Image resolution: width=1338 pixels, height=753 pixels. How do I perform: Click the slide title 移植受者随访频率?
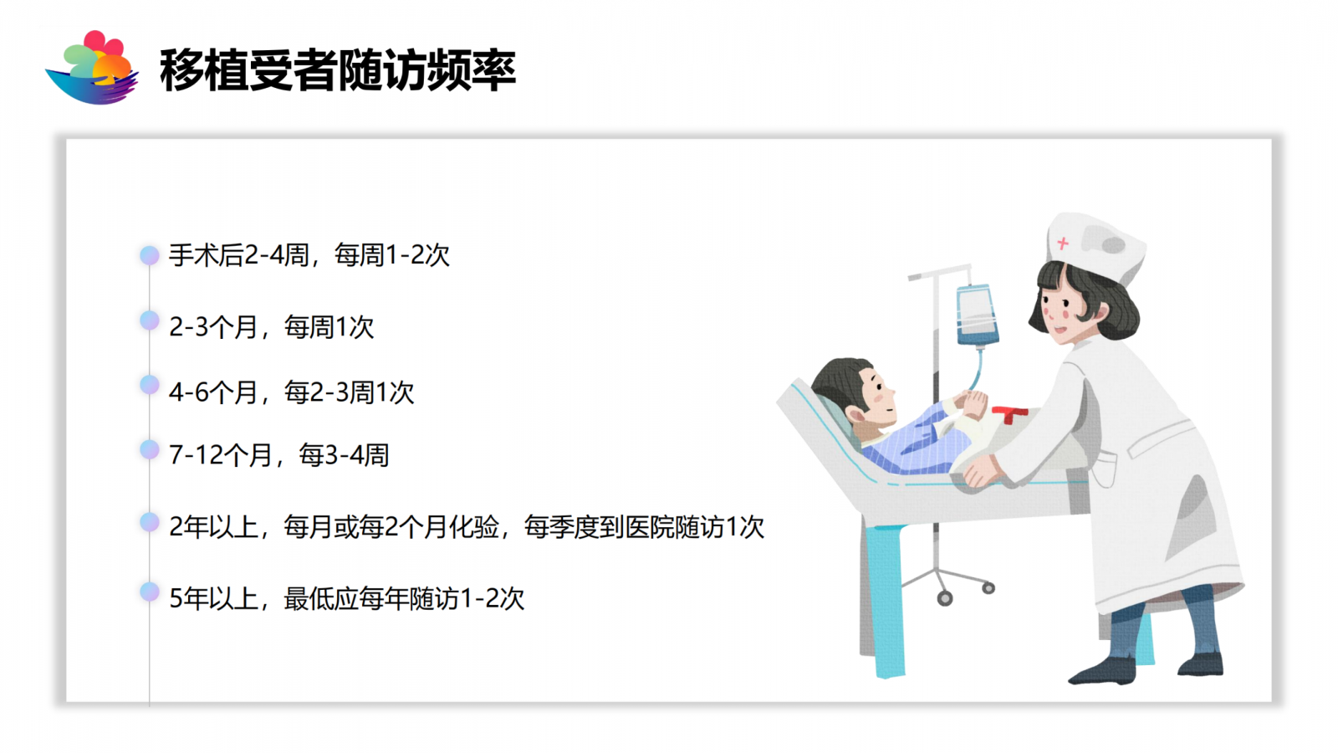point(338,70)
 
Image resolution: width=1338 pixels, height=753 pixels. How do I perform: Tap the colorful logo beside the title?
point(92,68)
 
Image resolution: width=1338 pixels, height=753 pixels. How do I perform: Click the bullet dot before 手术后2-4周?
point(150,255)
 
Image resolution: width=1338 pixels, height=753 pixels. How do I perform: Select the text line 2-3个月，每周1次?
point(272,327)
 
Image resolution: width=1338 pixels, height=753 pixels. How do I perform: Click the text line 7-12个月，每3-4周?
point(279,455)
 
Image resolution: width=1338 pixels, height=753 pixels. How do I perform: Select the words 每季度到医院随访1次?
point(644,527)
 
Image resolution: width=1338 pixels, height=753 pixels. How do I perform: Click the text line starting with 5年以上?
point(347,598)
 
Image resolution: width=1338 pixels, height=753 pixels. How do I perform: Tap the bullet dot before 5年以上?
point(150,592)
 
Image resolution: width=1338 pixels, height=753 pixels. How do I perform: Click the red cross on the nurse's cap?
point(1063,243)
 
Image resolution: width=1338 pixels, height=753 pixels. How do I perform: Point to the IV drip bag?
point(977,315)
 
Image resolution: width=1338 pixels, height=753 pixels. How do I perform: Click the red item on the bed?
point(1009,413)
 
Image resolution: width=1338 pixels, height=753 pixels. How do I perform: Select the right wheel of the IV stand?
point(988,588)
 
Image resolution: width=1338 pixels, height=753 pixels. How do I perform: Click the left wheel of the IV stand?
point(945,597)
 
